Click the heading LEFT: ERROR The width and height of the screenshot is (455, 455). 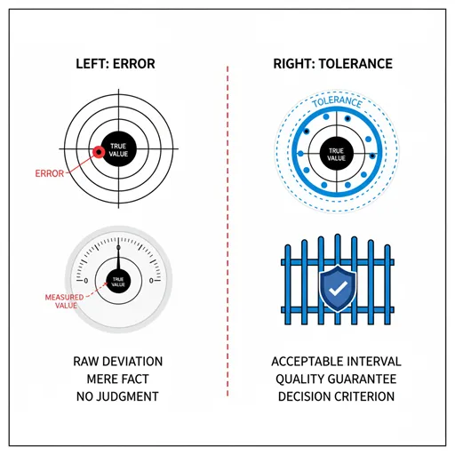(116, 64)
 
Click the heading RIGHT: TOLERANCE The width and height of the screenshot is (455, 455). (333, 64)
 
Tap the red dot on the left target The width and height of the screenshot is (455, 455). (99, 152)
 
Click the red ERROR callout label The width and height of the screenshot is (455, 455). (50, 173)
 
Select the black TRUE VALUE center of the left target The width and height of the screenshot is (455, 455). (118, 149)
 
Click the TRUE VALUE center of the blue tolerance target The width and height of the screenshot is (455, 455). (337, 154)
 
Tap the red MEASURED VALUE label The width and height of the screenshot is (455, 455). (64, 301)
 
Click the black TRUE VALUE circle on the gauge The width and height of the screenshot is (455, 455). (118, 282)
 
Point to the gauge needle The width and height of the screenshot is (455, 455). (118, 257)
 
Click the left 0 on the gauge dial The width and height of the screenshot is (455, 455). (86, 281)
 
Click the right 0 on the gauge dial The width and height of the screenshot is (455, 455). (151, 281)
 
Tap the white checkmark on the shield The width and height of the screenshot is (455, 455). (338, 288)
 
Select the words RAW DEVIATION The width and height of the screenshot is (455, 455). (118, 362)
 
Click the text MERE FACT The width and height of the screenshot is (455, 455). (118, 379)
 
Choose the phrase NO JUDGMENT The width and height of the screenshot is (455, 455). (117, 396)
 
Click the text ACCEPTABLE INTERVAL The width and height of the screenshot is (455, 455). (336, 362)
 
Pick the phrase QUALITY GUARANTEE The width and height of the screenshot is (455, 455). (336, 379)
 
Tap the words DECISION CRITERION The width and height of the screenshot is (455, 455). (336, 396)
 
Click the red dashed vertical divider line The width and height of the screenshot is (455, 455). (227, 231)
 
